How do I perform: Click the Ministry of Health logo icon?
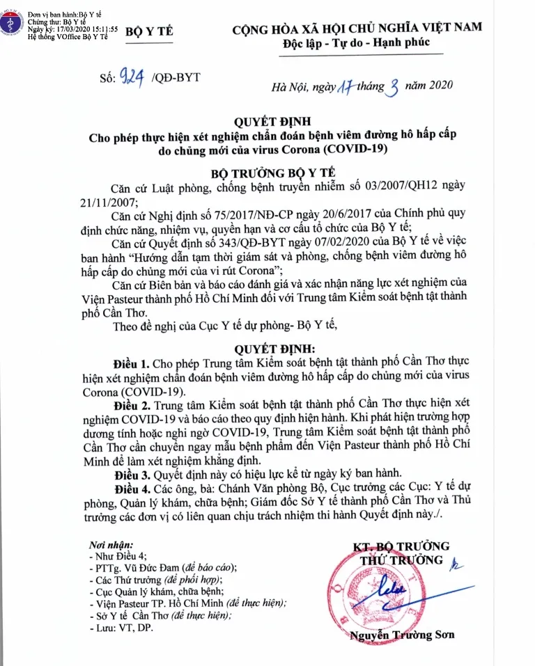[10, 22]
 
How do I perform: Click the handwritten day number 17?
[347, 86]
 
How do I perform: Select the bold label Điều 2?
[131, 404]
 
